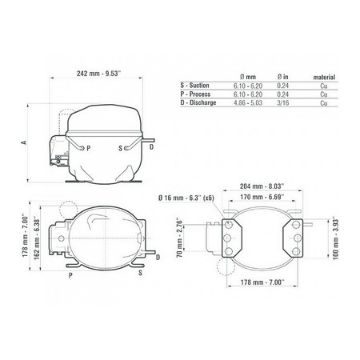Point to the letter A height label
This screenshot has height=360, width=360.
(24, 142)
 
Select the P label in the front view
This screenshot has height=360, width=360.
(89, 148)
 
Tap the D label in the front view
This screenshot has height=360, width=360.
(151, 147)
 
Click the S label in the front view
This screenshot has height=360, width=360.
(121, 148)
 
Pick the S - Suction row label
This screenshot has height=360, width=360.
(194, 86)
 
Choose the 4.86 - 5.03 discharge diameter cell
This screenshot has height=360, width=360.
(248, 103)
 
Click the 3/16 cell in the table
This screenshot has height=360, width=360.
(283, 103)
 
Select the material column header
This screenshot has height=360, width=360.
(324, 77)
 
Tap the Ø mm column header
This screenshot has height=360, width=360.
(248, 77)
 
